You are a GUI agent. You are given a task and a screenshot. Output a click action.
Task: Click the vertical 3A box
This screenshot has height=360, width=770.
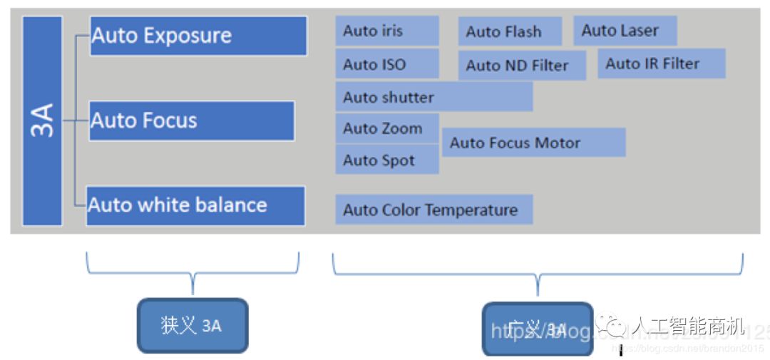tap(42, 121)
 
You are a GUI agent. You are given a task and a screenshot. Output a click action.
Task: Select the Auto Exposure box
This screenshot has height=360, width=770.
tap(198, 36)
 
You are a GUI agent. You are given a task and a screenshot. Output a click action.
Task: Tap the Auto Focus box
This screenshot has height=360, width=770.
tap(191, 120)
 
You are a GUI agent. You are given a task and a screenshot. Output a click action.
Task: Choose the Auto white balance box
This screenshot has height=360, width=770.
tap(195, 206)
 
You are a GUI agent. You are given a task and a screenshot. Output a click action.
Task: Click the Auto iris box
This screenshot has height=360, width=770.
tap(386, 31)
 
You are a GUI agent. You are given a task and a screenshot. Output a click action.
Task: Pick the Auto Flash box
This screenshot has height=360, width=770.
tap(509, 31)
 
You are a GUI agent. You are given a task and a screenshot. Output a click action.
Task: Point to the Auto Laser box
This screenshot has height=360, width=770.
tap(625, 31)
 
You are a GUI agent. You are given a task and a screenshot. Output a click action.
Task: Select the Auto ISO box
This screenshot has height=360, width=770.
tap(386, 64)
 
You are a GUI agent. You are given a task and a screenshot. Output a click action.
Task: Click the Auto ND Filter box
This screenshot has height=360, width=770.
tap(521, 66)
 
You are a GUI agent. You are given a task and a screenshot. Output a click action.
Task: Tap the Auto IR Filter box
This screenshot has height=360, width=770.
tap(661, 63)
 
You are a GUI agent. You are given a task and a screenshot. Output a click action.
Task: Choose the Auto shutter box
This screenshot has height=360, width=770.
tap(433, 97)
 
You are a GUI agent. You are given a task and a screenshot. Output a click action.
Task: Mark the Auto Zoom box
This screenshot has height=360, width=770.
tap(386, 129)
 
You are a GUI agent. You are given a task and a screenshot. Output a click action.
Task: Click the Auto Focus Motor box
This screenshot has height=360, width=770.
tap(533, 143)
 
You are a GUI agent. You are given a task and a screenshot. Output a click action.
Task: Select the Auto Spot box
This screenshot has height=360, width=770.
tap(386, 160)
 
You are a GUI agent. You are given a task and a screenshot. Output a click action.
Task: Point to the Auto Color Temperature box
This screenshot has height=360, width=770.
tap(433, 210)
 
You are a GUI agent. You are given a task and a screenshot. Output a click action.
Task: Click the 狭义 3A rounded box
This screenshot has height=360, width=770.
tap(192, 326)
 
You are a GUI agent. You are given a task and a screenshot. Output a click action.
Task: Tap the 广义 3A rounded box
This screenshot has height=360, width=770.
tap(537, 329)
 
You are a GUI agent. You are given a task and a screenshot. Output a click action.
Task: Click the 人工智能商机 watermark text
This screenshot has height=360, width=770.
tap(688, 327)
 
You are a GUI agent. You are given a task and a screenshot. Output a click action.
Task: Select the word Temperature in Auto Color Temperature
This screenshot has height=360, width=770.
tap(474, 210)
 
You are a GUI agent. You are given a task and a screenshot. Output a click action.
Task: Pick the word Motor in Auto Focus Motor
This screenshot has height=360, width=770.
tap(560, 143)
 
